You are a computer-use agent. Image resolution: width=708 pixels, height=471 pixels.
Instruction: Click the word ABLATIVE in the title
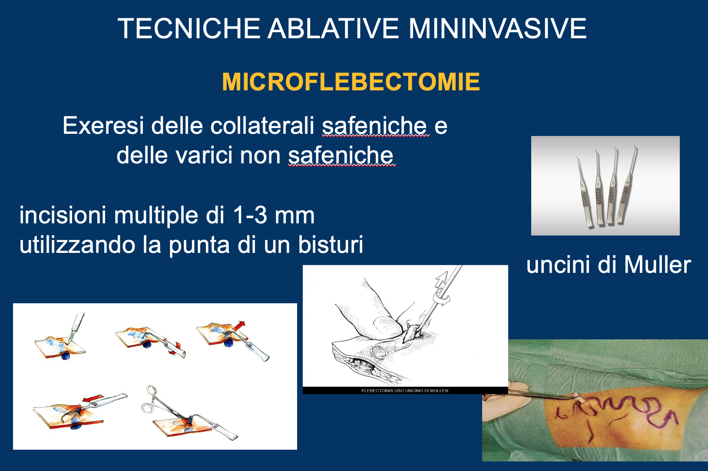click(x=334, y=28)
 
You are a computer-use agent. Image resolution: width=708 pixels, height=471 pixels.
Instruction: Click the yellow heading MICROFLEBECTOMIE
click(x=351, y=82)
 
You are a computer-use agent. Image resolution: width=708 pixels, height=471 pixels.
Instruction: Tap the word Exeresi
click(x=103, y=126)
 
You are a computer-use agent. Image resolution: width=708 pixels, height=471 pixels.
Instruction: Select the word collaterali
click(x=262, y=126)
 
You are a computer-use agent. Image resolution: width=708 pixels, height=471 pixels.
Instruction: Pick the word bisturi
click(x=331, y=244)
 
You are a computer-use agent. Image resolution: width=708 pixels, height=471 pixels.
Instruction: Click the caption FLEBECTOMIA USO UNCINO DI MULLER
click(x=405, y=391)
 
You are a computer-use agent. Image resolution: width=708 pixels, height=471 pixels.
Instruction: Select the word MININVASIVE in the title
click(x=497, y=28)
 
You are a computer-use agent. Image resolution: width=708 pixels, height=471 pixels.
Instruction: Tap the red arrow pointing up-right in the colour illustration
click(x=240, y=326)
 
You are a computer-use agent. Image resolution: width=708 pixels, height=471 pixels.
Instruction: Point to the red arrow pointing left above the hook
click(x=93, y=398)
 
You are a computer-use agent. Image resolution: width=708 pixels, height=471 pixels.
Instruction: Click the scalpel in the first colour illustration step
click(x=76, y=328)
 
